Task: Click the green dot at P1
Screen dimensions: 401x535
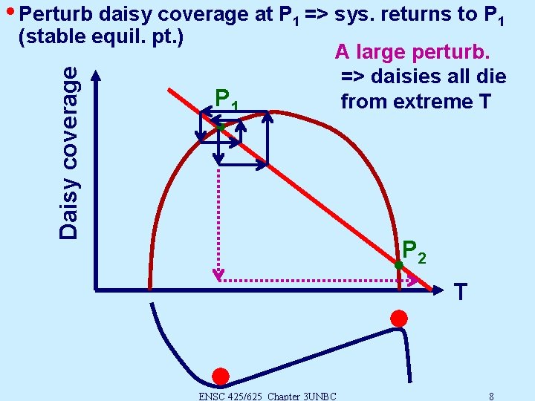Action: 221,128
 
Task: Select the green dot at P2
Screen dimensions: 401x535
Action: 398,265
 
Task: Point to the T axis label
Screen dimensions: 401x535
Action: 461,292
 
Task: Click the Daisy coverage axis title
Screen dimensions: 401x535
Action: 69,152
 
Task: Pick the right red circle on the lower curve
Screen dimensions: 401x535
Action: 399,319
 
